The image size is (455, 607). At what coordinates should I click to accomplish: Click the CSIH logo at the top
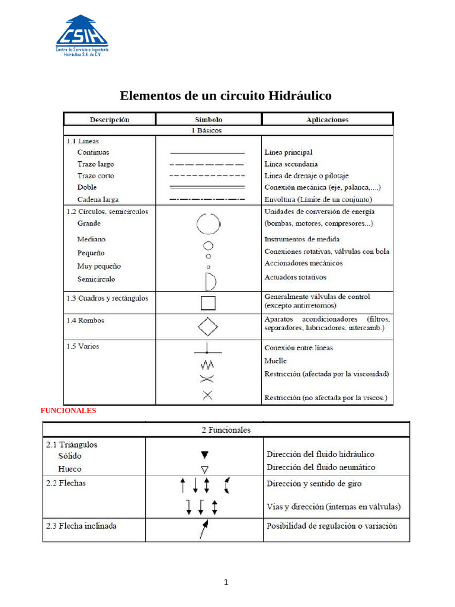coord(82,36)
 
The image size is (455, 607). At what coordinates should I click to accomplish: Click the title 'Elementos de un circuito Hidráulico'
coord(226,95)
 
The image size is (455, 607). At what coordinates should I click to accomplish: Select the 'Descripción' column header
coord(110,119)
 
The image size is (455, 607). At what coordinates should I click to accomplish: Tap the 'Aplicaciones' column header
coord(327,119)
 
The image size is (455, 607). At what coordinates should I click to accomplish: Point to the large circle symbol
coord(209,224)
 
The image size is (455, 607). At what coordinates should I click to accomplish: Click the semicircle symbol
coord(210,280)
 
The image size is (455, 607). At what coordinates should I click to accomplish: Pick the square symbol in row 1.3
coord(208,303)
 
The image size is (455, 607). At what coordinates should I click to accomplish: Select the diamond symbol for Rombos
coord(208,327)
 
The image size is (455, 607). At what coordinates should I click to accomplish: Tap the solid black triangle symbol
coord(204,455)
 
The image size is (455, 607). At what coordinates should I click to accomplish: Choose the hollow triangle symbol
coord(204,469)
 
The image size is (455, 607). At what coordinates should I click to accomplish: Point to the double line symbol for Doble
coord(207,187)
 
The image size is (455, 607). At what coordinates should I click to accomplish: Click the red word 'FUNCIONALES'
coord(68,410)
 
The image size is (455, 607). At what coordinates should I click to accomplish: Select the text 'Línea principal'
coord(288,152)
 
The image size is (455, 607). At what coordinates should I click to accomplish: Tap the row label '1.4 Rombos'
coord(85,321)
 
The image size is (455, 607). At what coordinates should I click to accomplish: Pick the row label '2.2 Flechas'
coord(66,483)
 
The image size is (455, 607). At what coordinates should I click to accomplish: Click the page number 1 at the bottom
coord(226,582)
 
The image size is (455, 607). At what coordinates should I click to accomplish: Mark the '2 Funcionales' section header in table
coord(226,430)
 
